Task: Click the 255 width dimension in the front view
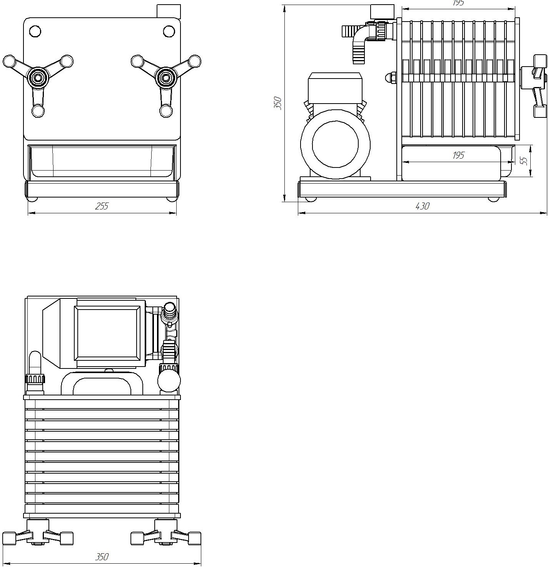[102, 206]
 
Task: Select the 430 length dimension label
[422, 206]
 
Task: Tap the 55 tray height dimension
[524, 161]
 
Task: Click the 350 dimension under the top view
[102, 557]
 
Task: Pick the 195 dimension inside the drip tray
[458, 155]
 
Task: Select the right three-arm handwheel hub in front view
[166, 77]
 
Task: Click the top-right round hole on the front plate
[169, 31]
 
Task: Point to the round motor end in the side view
[335, 144]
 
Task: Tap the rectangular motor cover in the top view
[107, 333]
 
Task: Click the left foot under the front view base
[32, 199]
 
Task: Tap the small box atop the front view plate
[169, 11]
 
